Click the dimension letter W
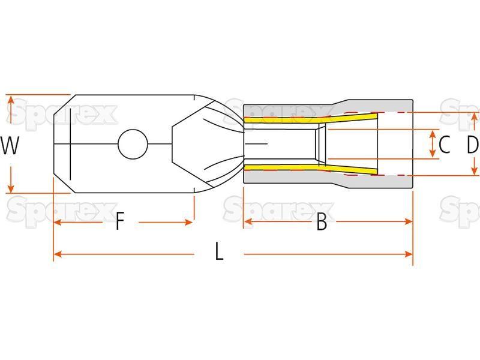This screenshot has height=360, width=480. click(10, 145)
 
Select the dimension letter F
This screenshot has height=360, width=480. click(121, 221)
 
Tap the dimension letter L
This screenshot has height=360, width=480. click(219, 251)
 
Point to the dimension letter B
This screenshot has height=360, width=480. click(322, 221)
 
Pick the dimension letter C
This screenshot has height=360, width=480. click(444, 145)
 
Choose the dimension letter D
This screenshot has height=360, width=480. click(473, 145)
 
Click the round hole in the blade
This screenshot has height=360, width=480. click(133, 144)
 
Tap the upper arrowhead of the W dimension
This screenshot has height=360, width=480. click(11, 100)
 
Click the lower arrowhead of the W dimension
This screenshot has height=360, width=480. click(11, 188)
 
